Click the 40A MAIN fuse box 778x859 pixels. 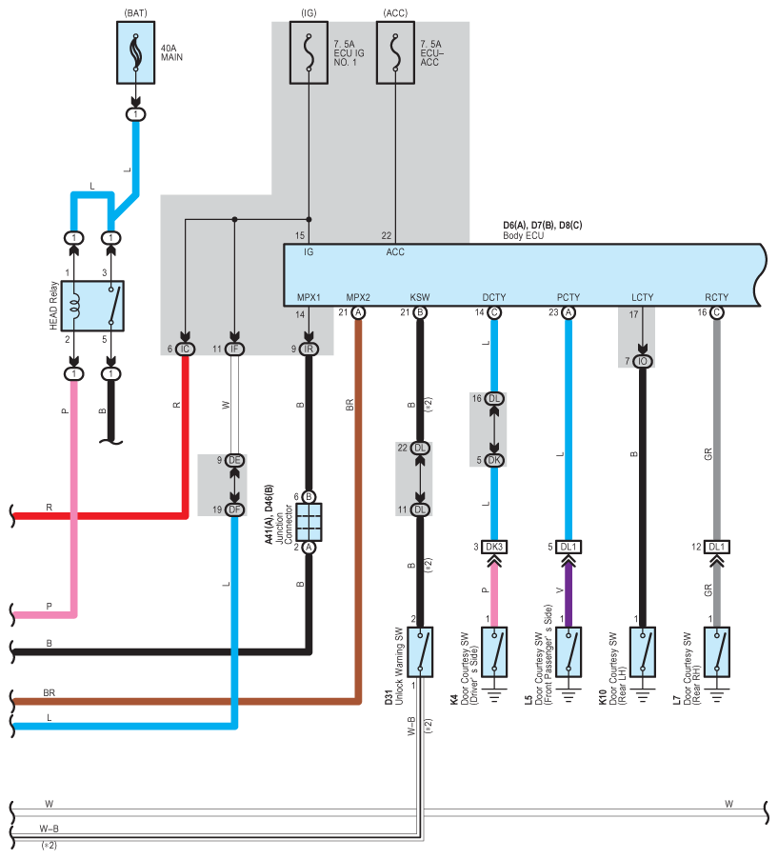click(x=136, y=52)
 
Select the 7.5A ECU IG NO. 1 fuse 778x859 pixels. click(x=309, y=52)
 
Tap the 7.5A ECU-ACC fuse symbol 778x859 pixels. click(x=395, y=52)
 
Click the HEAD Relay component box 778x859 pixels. click(x=92, y=306)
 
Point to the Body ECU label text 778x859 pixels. click(x=523, y=235)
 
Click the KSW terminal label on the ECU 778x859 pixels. click(x=420, y=297)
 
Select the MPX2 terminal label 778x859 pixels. click(x=358, y=297)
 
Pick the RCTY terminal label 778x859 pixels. click(x=717, y=297)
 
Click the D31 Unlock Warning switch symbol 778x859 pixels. click(x=420, y=652)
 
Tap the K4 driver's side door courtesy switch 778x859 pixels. click(x=494, y=652)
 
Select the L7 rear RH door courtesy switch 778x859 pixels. click(x=717, y=652)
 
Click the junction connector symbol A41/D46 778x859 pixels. click(x=309, y=522)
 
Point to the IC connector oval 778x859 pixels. click(x=185, y=349)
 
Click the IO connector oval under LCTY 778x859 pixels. click(x=643, y=361)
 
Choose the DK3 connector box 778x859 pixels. click(x=494, y=547)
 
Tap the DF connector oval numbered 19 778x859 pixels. click(x=234, y=509)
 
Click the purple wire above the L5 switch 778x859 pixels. click(x=569, y=594)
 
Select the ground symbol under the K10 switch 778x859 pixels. click(x=643, y=694)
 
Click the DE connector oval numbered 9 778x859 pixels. click(x=234, y=460)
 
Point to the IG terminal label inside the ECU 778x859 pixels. click(x=309, y=252)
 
